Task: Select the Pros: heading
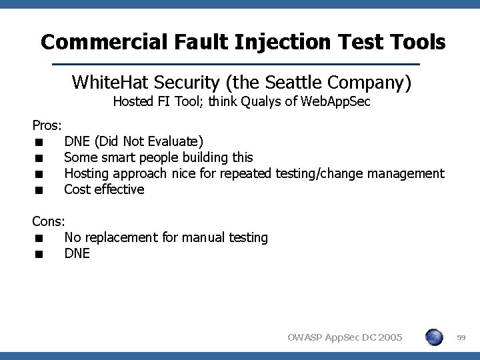pos(47,125)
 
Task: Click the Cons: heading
pos(49,221)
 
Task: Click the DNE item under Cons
pos(77,253)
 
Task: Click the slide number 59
pos(460,339)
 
